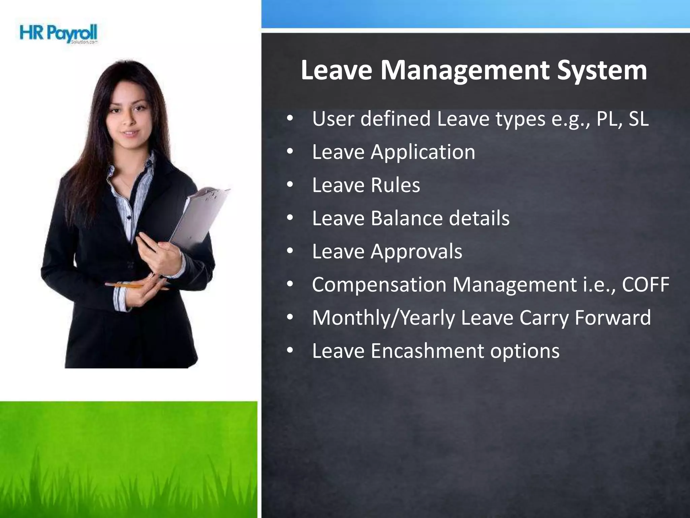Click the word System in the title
(x=601, y=70)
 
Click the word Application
(x=423, y=152)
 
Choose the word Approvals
(x=416, y=252)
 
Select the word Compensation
(x=379, y=284)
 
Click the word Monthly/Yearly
(x=383, y=318)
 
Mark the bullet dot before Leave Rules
(x=290, y=185)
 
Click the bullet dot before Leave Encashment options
(x=290, y=351)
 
